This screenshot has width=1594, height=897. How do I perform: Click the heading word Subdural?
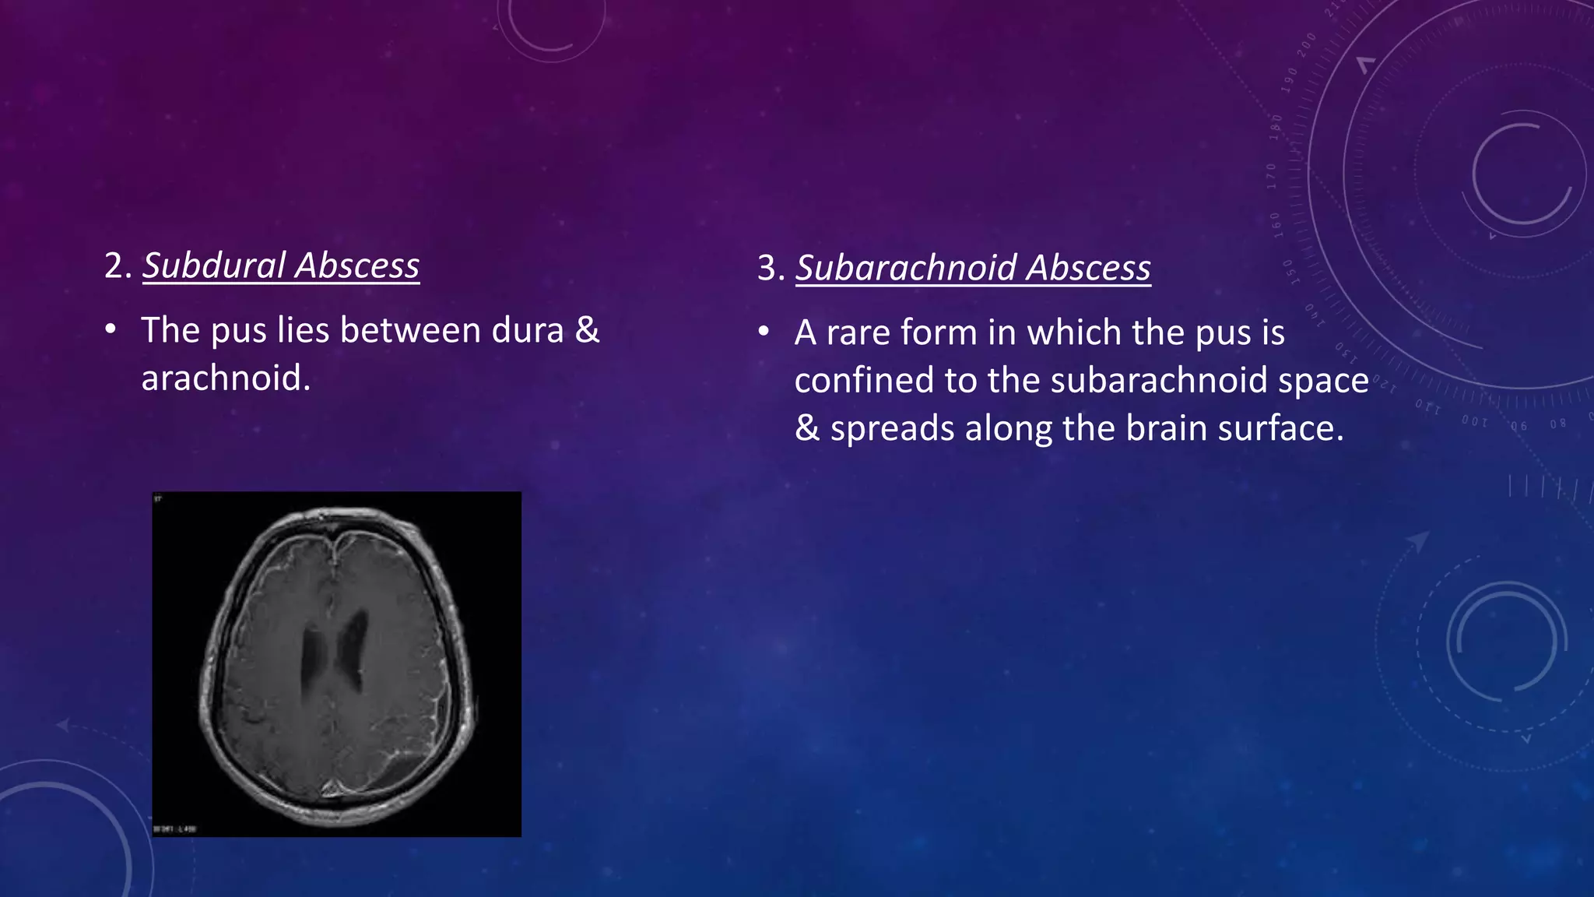(x=214, y=266)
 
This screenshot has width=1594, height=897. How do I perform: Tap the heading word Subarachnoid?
(x=906, y=269)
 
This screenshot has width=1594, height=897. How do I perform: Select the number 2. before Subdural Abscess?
(x=118, y=266)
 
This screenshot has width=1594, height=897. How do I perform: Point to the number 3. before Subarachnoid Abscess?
(x=771, y=269)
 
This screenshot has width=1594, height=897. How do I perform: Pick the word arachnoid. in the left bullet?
(x=226, y=378)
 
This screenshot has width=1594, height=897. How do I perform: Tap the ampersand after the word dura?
(x=587, y=330)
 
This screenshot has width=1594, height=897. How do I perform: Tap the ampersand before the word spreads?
(x=807, y=429)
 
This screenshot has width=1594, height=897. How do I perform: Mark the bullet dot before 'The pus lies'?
(x=111, y=330)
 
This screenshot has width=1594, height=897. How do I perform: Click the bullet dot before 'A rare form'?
(x=764, y=332)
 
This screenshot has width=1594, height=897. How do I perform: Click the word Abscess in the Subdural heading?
(x=358, y=266)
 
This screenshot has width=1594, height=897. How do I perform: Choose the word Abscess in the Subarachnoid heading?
(x=1089, y=269)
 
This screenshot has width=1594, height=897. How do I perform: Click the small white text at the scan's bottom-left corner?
(x=175, y=829)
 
